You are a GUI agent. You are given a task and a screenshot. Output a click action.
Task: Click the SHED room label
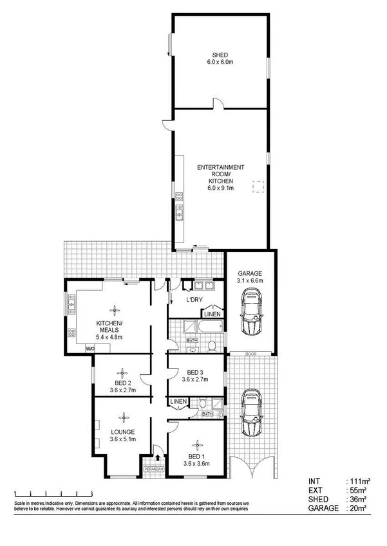click(220, 55)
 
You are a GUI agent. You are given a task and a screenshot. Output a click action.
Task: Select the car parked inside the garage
click(252, 311)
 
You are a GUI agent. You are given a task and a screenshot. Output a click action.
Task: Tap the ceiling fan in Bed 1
click(196, 443)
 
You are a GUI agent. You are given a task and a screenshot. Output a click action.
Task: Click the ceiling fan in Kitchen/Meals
click(115, 309)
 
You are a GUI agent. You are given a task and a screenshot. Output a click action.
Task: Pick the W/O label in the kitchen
click(90, 349)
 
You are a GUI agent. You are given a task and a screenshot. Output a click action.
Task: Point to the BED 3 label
click(196, 372)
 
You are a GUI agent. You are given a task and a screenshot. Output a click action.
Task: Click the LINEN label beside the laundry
click(212, 314)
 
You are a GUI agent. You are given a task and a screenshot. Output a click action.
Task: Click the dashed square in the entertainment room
click(258, 187)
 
